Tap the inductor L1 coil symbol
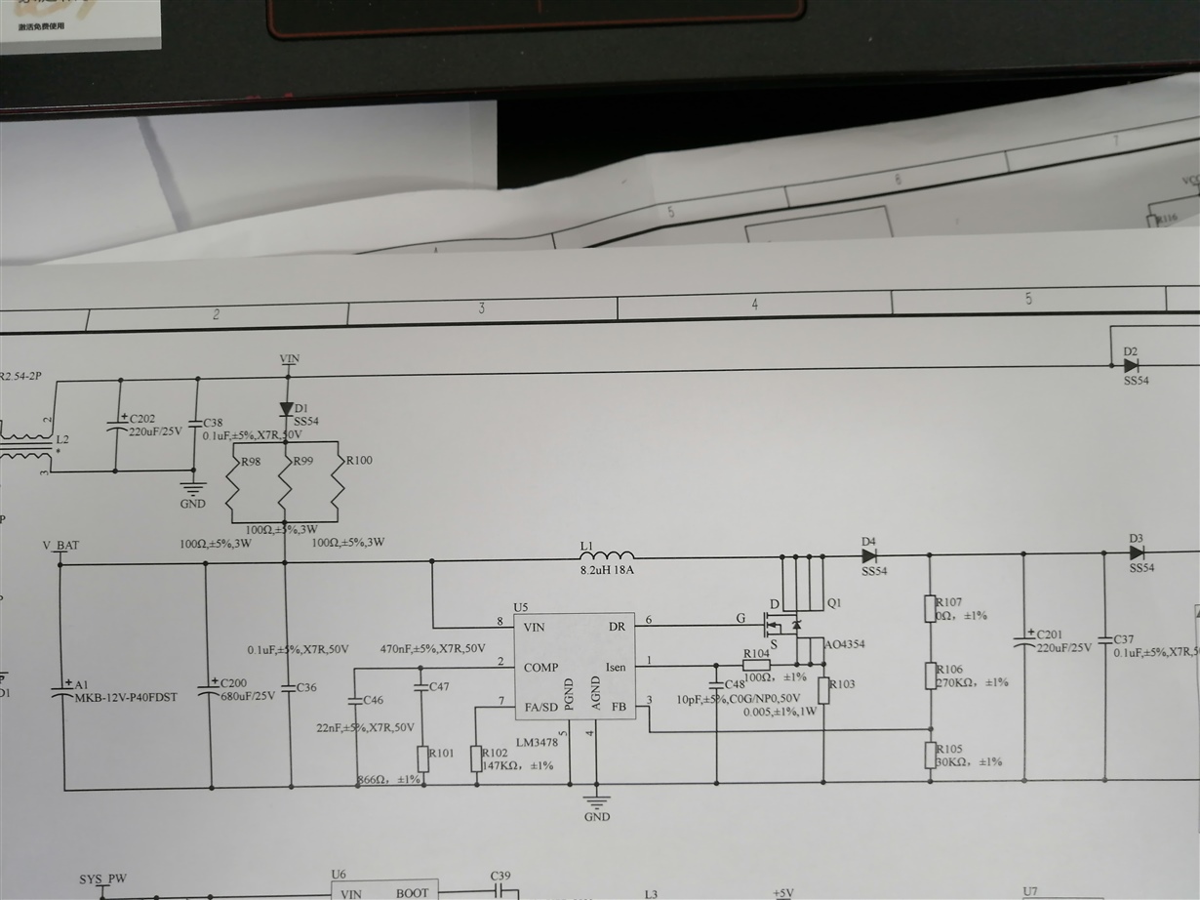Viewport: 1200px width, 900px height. [606, 557]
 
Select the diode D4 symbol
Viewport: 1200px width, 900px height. [868, 556]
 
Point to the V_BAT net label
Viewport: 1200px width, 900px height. [60, 545]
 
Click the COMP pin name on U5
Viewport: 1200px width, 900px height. [541, 668]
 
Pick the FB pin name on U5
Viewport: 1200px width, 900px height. [619, 706]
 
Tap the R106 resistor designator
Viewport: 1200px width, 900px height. [949, 670]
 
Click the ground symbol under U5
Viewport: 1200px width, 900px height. [596, 801]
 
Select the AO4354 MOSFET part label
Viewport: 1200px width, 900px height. [844, 645]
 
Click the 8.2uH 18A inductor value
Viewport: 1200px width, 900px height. [607, 572]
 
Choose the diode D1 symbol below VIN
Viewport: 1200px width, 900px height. [286, 408]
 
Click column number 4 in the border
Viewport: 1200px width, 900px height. [754, 306]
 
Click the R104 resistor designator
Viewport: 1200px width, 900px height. [756, 654]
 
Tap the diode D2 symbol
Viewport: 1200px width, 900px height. [1131, 365]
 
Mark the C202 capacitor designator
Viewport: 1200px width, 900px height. [142, 419]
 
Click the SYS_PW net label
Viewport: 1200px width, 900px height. [102, 879]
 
